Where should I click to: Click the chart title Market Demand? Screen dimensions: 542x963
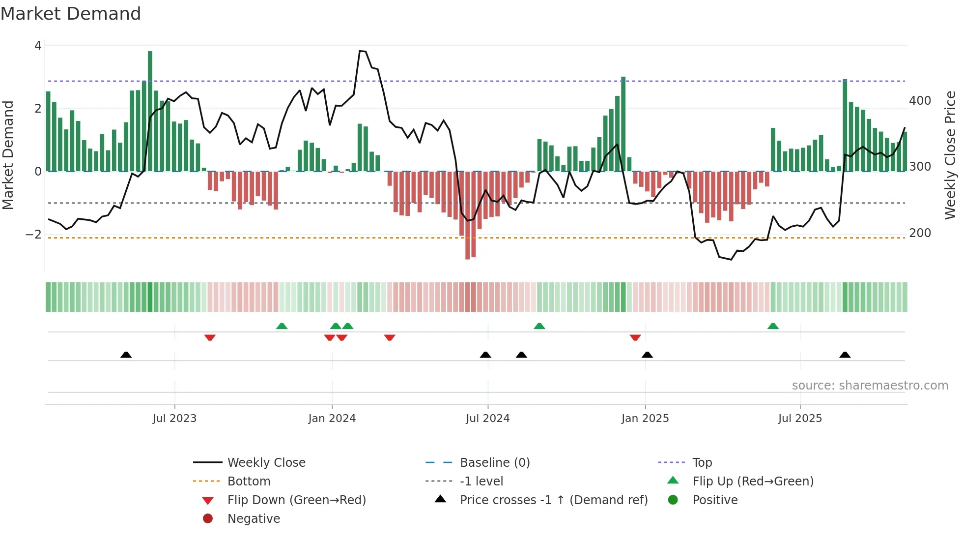(71, 14)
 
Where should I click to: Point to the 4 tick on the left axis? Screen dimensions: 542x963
(38, 46)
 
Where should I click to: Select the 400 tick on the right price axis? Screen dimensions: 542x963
(920, 101)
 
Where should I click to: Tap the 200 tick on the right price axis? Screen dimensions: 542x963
(920, 233)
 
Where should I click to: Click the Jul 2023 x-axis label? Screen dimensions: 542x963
(174, 419)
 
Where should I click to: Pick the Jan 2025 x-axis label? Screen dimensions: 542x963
(645, 419)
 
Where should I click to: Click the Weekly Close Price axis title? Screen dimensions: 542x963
(950, 155)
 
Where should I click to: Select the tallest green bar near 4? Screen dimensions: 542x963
(150, 111)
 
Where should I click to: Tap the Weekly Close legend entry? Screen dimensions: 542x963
(266, 463)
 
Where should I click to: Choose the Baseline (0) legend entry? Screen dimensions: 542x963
(494, 463)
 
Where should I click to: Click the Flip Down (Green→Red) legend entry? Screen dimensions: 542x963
(296, 500)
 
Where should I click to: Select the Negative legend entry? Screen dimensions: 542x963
(253, 519)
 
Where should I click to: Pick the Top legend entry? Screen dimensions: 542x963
(702, 463)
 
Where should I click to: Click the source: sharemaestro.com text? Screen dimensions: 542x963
(870, 386)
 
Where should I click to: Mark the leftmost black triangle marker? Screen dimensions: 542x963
(126, 355)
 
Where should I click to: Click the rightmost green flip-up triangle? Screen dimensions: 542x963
(773, 326)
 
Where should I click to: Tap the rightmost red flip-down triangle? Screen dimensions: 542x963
(635, 338)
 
